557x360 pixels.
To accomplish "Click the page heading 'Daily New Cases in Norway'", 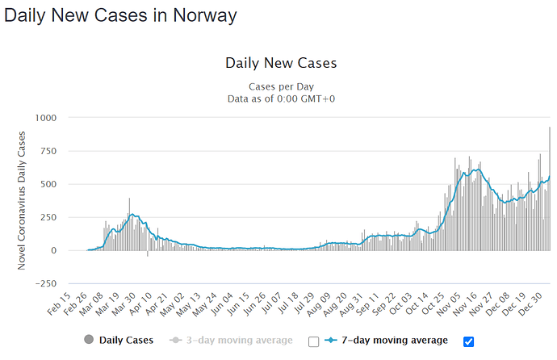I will (x=122, y=15).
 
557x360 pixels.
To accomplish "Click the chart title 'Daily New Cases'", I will (x=280, y=63).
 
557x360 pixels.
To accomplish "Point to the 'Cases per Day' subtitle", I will (x=280, y=86).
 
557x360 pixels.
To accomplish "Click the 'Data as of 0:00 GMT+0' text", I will (x=280, y=98).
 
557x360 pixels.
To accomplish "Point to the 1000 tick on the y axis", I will (x=44, y=118).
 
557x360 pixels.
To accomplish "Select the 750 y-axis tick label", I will (x=47, y=151).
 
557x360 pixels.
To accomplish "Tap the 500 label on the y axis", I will (x=47, y=184).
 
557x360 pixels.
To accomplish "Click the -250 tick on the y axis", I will (x=45, y=283).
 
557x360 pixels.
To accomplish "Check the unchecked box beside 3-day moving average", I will (x=314, y=341).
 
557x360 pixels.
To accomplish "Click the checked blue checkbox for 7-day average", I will (x=469, y=341).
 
